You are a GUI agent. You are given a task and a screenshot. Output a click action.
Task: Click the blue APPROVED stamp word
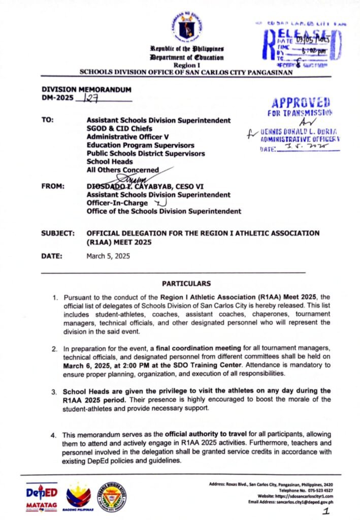pos(301,102)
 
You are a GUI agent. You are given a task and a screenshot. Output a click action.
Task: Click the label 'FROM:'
pos(52,186)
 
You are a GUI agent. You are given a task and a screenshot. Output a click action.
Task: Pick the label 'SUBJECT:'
pos(58,233)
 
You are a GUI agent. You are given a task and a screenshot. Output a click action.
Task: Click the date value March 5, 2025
pos(108,256)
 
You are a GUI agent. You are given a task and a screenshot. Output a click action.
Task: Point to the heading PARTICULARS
pos(186,283)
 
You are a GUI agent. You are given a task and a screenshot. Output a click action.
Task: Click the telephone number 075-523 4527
pos(318,491)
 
